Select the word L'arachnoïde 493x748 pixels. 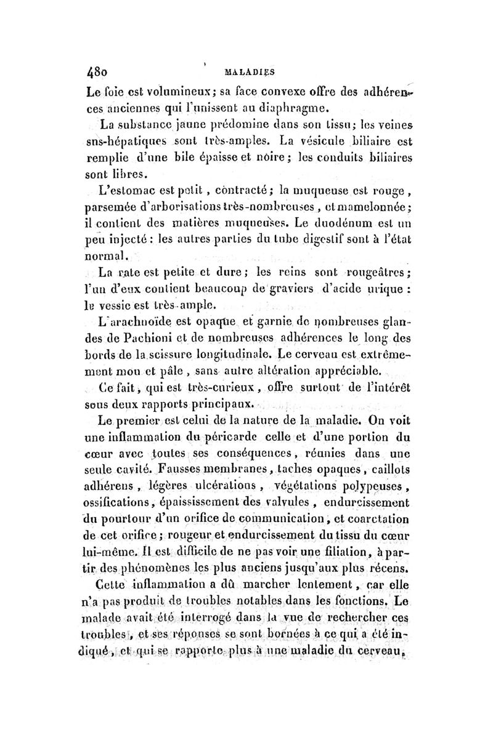click(132, 319)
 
